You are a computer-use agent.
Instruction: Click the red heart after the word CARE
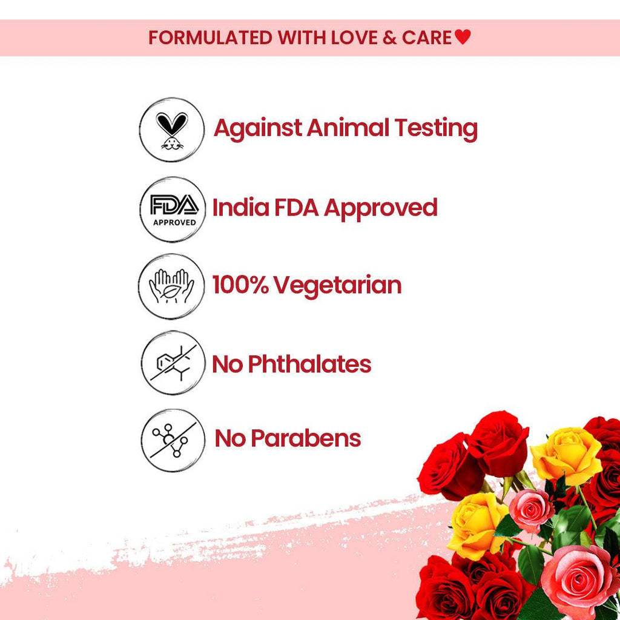463,38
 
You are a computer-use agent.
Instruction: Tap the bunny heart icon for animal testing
171,130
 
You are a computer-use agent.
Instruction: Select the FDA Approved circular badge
173,209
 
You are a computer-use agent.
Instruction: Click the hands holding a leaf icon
172,286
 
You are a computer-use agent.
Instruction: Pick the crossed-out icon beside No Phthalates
173,363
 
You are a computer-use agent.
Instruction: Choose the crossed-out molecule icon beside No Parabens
173,440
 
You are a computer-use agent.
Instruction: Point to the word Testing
436,129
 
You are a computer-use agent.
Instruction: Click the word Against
257,128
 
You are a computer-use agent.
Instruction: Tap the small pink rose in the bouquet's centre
531,510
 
